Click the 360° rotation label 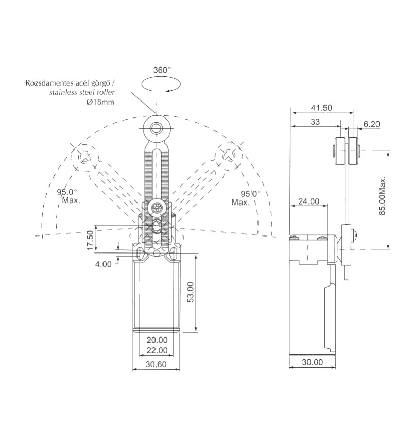coord(162,70)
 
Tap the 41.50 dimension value coord(321,108)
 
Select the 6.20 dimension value coord(371,124)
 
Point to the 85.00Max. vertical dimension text coord(382,195)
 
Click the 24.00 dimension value coord(308,201)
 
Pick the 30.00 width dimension coord(313,362)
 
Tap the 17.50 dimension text coord(90,240)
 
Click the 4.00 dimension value coord(104,264)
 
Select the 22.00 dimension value coord(157,350)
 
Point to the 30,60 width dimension coord(156,364)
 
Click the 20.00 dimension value coord(157,340)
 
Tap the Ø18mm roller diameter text coord(100,102)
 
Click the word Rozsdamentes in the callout coord(49,83)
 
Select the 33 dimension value coord(315,122)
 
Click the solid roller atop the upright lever coord(157,128)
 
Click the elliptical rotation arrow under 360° coord(161,85)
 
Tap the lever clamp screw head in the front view coord(157,208)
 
